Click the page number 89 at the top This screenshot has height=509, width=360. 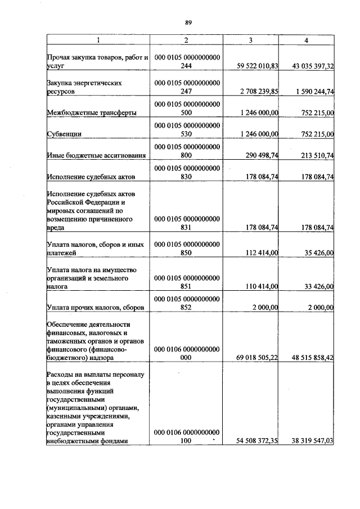tap(188, 22)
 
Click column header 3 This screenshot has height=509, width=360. tap(250, 40)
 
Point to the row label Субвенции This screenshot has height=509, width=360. tap(64, 134)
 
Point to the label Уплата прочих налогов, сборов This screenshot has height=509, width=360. tap(96, 308)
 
